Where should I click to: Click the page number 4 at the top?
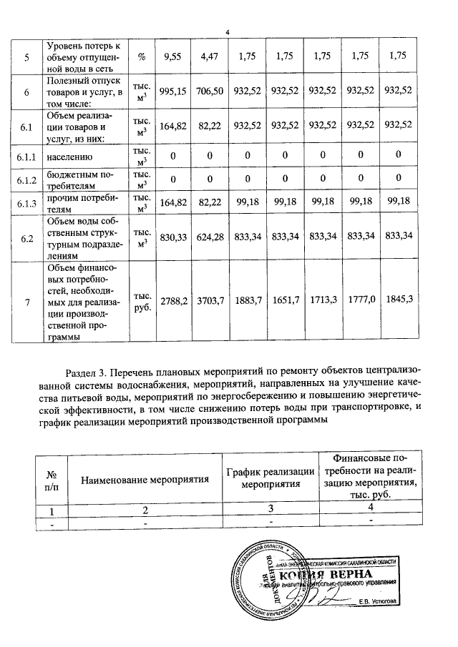click(227, 32)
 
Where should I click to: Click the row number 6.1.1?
click(26, 155)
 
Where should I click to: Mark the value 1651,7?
click(286, 302)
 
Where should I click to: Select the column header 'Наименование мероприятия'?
click(144, 479)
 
